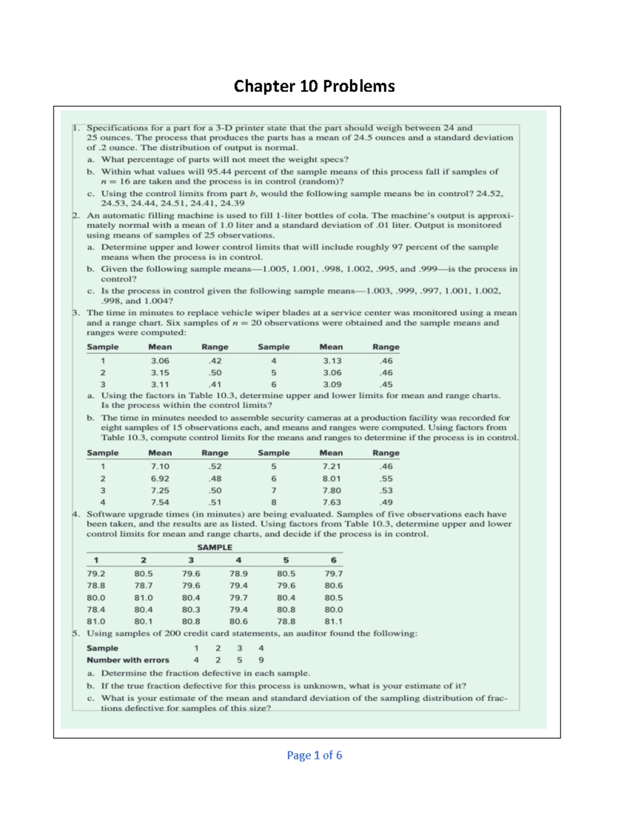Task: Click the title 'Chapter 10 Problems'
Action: pyautogui.click(x=314, y=86)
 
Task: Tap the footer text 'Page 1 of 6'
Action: pyautogui.click(x=314, y=755)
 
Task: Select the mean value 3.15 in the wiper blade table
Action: pyautogui.click(x=160, y=373)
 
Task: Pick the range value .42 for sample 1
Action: pyautogui.click(x=215, y=361)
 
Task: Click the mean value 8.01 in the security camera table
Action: pyautogui.click(x=331, y=479)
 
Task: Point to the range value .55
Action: pyautogui.click(x=386, y=479)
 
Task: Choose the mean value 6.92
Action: pyautogui.click(x=160, y=479)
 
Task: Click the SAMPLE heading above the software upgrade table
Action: pyautogui.click(x=214, y=547)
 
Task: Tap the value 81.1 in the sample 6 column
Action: pyautogui.click(x=333, y=622)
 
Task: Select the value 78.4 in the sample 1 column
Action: pyautogui.click(x=96, y=610)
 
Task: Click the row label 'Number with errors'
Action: pyautogui.click(x=128, y=660)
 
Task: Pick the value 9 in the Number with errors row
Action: pyautogui.click(x=261, y=660)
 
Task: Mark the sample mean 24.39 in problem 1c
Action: pyautogui.click(x=232, y=203)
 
